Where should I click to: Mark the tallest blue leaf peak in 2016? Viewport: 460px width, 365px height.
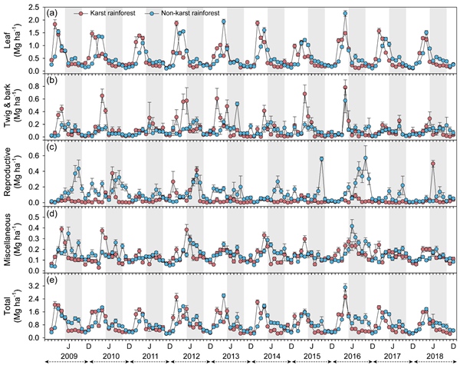tap(346, 13)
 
